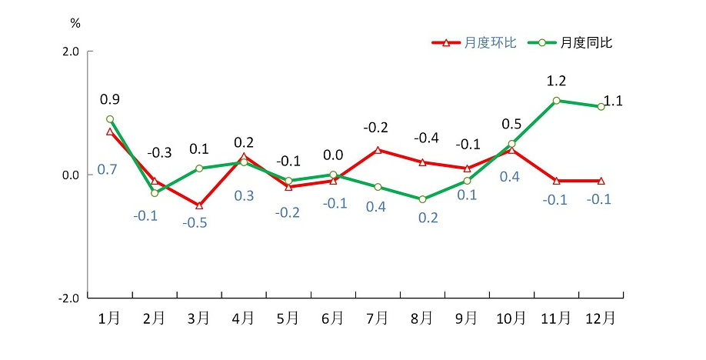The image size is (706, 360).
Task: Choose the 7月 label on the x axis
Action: [378, 318]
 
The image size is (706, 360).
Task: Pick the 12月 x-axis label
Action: [601, 318]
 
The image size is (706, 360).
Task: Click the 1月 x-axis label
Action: [110, 318]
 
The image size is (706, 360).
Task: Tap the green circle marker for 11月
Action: [556, 101]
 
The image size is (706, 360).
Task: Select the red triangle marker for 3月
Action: [199, 205]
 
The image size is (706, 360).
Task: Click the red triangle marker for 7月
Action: [378, 150]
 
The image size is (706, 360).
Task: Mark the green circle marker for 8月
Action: [422, 199]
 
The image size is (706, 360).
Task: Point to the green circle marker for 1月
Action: [110, 119]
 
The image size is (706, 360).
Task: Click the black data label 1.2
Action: [556, 81]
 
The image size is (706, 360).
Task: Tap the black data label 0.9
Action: [110, 99]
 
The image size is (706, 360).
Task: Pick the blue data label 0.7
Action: [107, 169]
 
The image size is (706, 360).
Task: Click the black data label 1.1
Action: [614, 100]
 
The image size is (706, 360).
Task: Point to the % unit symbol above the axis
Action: [75, 23]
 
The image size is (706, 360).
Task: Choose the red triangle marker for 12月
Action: [601, 181]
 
